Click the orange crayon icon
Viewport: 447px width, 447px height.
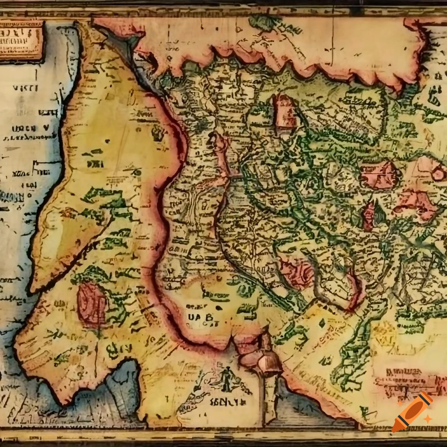click(x=412, y=413)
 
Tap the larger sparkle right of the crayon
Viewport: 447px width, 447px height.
click(x=428, y=419)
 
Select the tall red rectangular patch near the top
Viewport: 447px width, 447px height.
click(x=285, y=111)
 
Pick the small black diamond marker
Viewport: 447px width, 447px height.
click(x=322, y=323)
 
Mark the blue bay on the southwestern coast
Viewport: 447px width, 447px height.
click(x=122, y=380)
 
